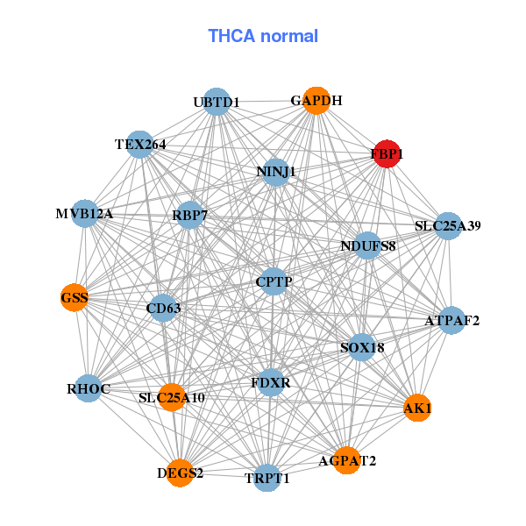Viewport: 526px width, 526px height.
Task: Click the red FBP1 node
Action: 387,154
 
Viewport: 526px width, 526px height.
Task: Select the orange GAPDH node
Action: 316,101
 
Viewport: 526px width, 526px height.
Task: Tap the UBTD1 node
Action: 216,102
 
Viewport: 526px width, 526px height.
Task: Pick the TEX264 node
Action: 140,144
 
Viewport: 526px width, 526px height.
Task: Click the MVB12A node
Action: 84,213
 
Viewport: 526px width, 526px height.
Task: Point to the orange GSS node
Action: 75,298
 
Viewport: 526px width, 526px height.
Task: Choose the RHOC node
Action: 87,387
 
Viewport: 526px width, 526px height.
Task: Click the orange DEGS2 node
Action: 180,473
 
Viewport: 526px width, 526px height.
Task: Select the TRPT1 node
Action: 268,478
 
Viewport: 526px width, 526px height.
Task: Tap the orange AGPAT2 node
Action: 347,460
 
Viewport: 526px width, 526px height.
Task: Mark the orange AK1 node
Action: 417,408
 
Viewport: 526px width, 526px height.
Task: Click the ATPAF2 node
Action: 452,320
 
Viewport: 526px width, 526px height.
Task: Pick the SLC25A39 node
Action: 448,226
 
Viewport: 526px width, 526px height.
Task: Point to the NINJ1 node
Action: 276,172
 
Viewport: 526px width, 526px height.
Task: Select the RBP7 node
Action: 190,215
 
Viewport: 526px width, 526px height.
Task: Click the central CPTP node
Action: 274,281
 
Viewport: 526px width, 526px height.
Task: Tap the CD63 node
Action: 162,308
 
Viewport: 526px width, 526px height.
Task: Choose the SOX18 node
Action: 362,347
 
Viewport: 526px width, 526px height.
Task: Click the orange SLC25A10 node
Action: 172,397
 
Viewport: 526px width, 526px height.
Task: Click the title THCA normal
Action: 263,36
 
